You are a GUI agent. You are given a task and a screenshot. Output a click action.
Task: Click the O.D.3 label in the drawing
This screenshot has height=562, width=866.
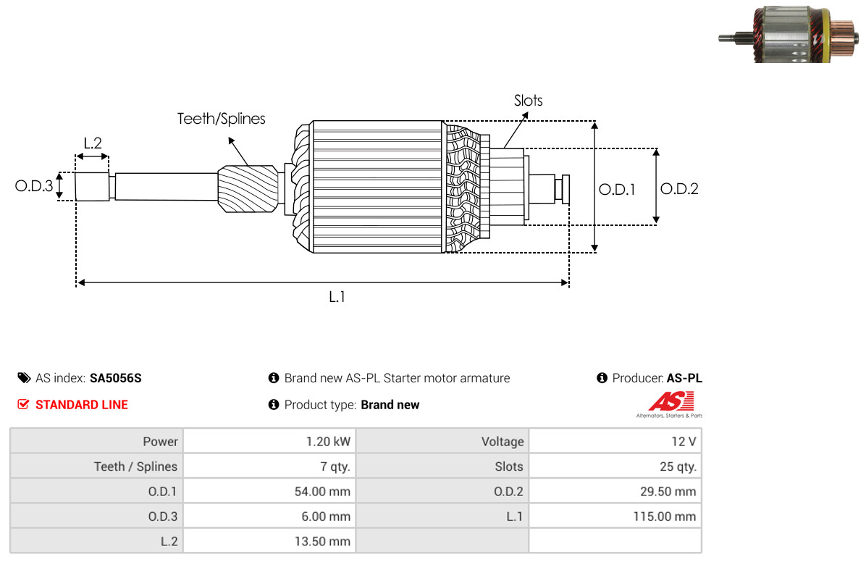pos(34,185)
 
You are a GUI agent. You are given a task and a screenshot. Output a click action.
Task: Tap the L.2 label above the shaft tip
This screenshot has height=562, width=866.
pos(92,143)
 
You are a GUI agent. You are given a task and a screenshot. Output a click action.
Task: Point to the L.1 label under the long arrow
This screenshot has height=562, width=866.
pos(337,297)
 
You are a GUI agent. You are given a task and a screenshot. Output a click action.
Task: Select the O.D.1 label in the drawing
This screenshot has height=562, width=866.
pos(617,190)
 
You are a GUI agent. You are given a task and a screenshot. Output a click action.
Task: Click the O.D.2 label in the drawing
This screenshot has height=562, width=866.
pos(679,189)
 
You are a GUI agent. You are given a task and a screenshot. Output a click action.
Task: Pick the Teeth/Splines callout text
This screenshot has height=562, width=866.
pos(221,119)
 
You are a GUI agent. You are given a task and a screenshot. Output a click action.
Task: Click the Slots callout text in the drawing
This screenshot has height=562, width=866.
pos(528,101)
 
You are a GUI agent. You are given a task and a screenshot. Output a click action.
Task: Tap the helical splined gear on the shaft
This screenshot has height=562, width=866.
pos(248,188)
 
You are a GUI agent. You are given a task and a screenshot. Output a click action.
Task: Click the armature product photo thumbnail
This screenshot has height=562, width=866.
pos(788,34)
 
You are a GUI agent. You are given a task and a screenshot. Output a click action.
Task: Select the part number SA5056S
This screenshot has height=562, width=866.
pos(115,379)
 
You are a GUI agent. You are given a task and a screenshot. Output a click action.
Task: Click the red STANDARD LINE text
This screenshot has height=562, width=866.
pos(82,405)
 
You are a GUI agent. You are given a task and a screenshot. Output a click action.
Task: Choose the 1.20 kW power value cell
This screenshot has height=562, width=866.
pos(269,442)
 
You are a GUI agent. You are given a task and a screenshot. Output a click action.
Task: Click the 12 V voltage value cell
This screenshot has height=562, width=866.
pos(615,442)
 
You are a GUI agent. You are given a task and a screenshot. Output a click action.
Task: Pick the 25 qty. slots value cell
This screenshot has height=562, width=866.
pos(615,466)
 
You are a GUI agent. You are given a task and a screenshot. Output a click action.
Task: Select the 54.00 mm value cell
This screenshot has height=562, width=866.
pos(269,491)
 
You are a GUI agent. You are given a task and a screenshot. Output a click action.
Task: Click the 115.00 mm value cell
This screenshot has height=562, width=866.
pos(615,516)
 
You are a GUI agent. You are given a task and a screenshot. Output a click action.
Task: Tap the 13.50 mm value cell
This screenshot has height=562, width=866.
pos(269,541)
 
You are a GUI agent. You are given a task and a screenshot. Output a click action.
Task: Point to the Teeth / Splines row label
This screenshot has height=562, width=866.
pos(136,466)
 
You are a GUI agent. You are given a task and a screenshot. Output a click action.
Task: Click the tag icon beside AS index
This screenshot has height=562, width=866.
pos(24,378)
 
